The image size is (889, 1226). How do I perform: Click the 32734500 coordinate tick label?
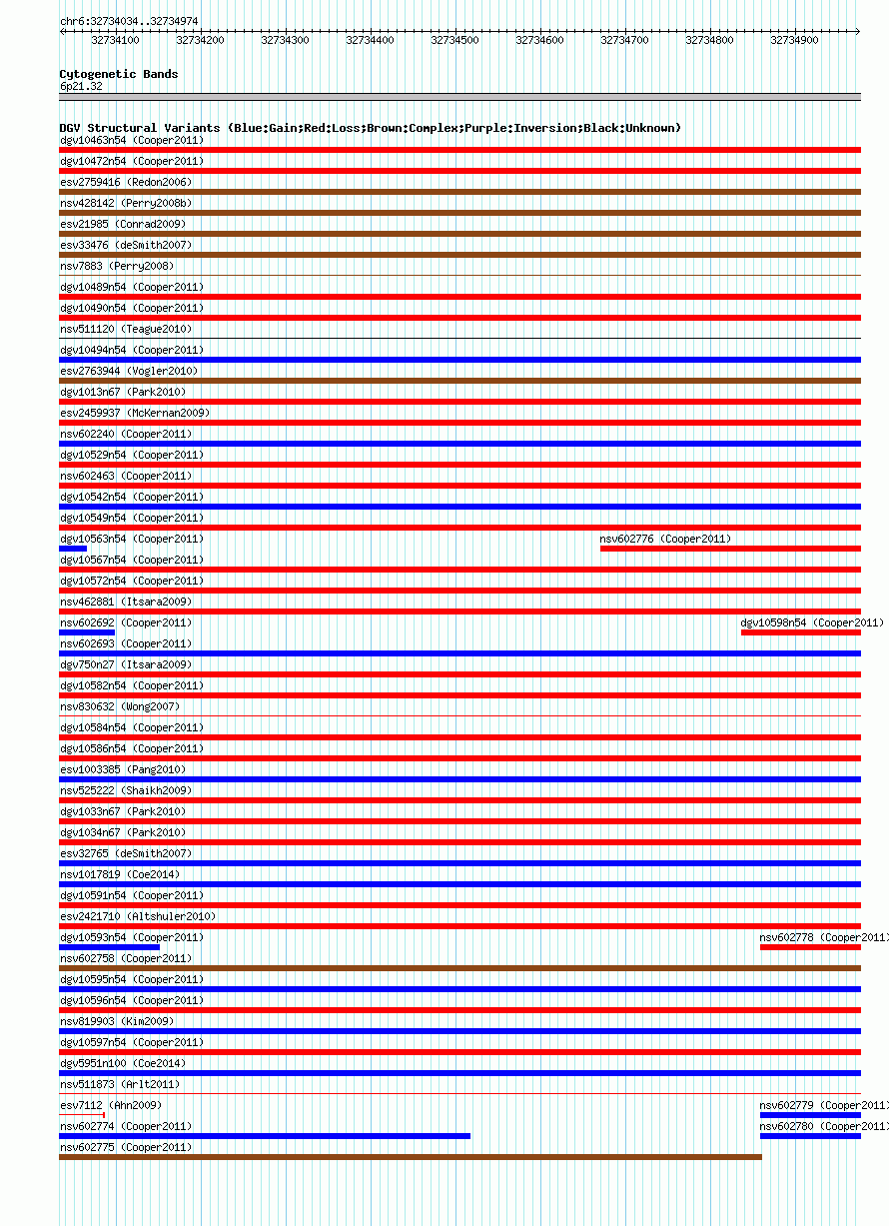tap(454, 40)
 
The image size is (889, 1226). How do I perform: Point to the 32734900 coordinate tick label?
tap(794, 40)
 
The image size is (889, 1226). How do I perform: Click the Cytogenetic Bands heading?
tap(119, 74)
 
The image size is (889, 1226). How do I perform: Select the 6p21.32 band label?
tap(81, 86)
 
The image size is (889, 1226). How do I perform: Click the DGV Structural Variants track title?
tap(371, 128)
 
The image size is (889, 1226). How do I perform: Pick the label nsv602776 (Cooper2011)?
tap(665, 539)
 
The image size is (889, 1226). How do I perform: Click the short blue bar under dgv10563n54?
tap(73, 549)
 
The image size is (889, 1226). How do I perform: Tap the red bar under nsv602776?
tap(730, 549)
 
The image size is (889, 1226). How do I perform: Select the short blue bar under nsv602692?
tap(87, 632)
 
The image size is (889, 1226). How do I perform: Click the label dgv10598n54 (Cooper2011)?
tap(812, 622)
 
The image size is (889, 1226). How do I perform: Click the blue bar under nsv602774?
tap(265, 1136)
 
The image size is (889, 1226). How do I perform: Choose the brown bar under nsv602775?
tap(411, 1157)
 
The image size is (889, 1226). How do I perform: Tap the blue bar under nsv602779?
tap(810, 1115)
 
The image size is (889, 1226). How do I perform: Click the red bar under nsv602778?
tap(810, 947)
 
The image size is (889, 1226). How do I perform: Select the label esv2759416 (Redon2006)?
tap(126, 182)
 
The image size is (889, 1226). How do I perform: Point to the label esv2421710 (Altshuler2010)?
tap(138, 916)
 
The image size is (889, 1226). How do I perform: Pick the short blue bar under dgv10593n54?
tap(109, 947)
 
